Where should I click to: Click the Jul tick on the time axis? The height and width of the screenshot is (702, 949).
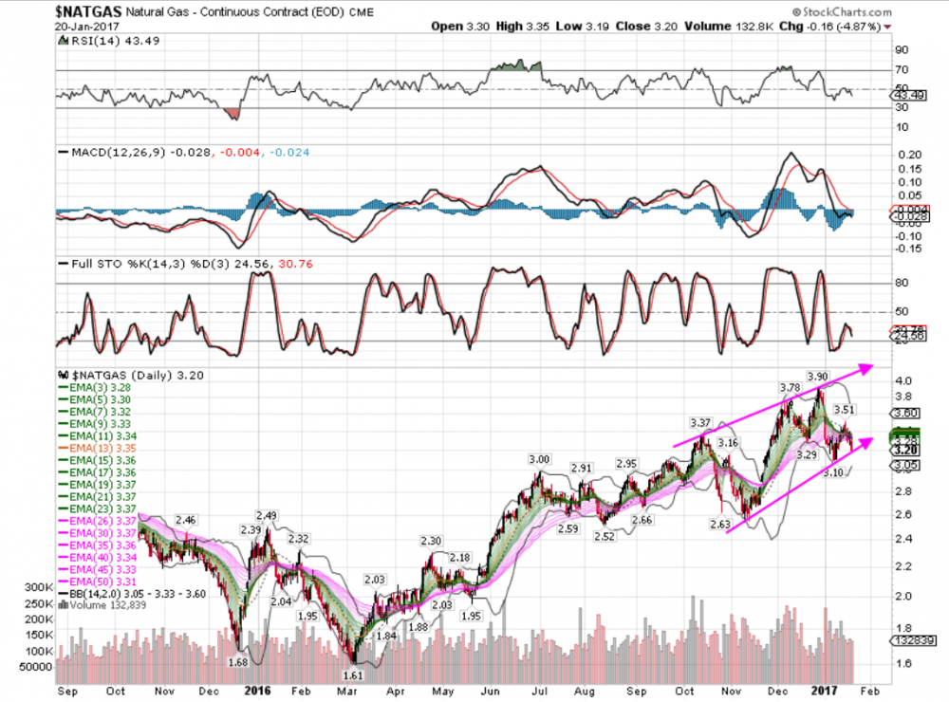pyautogui.click(x=542, y=692)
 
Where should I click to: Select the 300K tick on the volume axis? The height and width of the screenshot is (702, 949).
pyautogui.click(x=29, y=588)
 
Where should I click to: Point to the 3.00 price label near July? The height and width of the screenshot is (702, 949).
pyautogui.click(x=539, y=459)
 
